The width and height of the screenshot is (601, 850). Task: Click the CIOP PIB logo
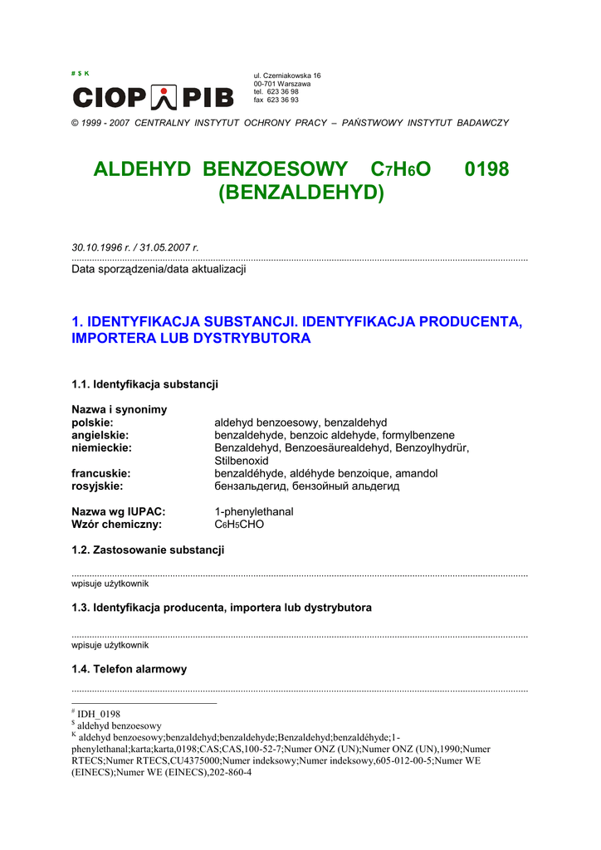tap(153, 97)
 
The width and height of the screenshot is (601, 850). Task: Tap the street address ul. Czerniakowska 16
tap(287, 76)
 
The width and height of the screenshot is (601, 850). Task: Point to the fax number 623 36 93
tap(276, 100)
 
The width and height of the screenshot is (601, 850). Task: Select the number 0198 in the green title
tap(486, 169)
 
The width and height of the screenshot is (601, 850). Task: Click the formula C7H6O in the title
tap(402, 170)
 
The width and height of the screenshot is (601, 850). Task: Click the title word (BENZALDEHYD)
tap(301, 193)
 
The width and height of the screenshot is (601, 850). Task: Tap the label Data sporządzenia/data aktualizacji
tap(159, 269)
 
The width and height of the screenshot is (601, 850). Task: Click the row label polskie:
tap(92, 423)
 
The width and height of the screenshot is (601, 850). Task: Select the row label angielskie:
tap(100, 435)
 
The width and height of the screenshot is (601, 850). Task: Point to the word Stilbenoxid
tap(242, 460)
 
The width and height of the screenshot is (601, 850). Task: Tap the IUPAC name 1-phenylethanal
tap(254, 511)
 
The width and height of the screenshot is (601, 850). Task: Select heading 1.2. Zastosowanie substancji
tap(148, 550)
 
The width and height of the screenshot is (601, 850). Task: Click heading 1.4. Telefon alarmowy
tap(129, 668)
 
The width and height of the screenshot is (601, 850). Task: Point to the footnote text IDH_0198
tap(99, 714)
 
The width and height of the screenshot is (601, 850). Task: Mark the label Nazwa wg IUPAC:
tap(118, 511)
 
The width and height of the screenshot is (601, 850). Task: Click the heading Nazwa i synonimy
tap(119, 409)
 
